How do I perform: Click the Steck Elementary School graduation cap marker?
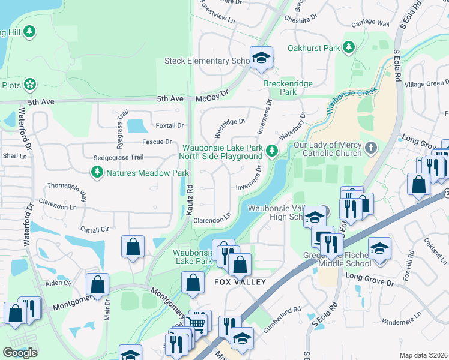click(x=261, y=58)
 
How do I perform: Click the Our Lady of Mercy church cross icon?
click(x=372, y=148)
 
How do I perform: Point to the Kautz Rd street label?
click(x=190, y=196)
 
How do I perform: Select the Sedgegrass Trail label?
click(x=118, y=157)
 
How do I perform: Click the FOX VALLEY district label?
click(x=240, y=281)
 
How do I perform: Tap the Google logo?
click(x=20, y=353)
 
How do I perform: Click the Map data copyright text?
click(x=423, y=355)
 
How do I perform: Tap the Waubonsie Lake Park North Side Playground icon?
click(x=272, y=151)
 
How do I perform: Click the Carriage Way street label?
click(x=371, y=25)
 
